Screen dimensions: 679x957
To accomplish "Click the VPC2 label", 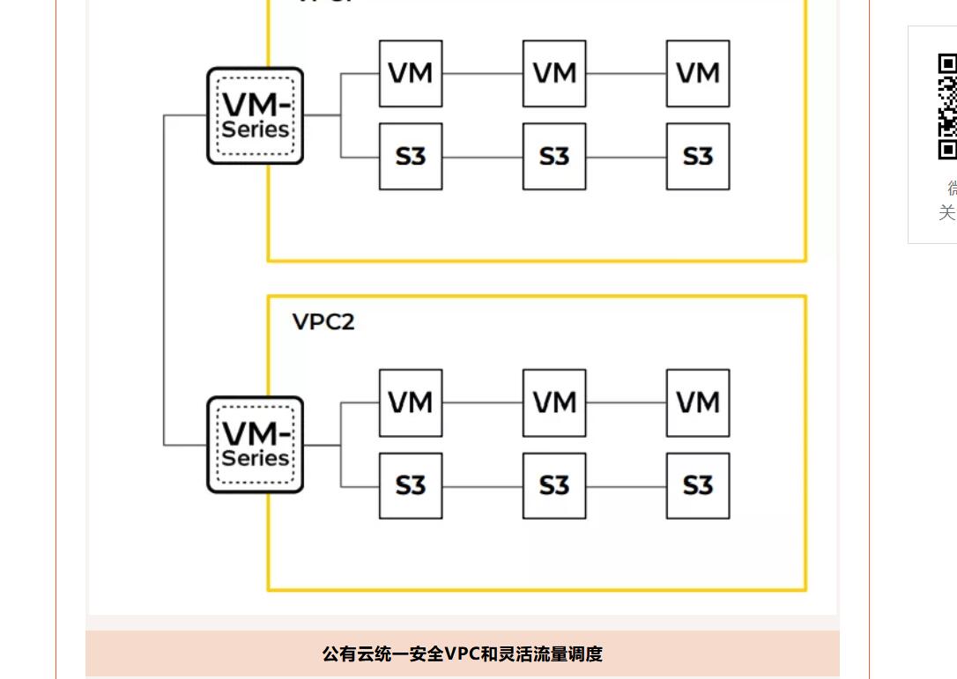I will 323,322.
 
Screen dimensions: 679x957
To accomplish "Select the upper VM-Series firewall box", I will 256,116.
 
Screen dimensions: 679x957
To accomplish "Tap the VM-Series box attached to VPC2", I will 256,445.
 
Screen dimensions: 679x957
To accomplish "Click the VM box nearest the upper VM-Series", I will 411,74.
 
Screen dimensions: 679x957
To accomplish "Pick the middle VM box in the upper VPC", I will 554,74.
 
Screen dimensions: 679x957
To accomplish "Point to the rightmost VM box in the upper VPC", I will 698,74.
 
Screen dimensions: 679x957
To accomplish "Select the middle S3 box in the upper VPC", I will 554,157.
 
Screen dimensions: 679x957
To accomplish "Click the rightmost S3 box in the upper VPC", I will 698,157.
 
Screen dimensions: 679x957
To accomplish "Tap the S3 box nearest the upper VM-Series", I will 411,157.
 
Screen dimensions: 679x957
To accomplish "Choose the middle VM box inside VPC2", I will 554,403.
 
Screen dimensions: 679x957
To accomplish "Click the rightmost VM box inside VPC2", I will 698,403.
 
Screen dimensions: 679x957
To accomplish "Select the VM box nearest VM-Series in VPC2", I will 411,403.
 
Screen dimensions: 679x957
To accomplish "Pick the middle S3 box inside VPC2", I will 554,486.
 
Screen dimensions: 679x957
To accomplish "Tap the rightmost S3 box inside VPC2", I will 698,486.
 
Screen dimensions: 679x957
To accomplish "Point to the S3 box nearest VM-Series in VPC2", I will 411,486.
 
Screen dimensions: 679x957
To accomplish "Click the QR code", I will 946,107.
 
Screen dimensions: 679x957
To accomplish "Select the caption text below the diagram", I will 462,654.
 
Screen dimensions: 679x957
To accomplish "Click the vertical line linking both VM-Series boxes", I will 164,280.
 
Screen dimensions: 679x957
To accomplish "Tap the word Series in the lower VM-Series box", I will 256,459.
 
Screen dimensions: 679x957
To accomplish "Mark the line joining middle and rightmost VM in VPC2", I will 626,403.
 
